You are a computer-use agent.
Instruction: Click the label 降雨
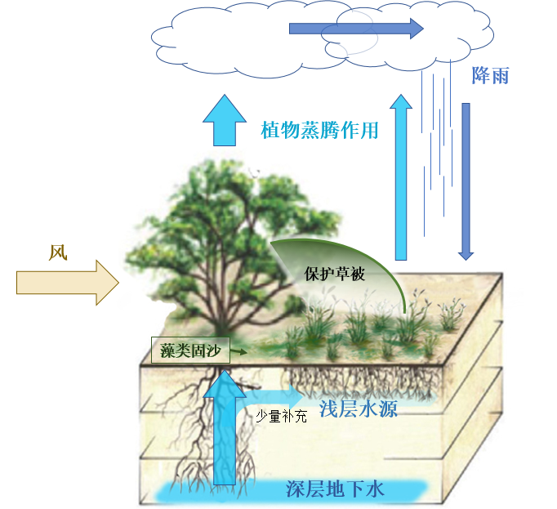(490, 76)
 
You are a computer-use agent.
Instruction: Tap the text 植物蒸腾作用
(320, 130)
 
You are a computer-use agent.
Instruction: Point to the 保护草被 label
(334, 273)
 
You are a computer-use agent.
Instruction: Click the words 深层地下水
(335, 489)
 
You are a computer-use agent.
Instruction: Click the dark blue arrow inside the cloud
(356, 29)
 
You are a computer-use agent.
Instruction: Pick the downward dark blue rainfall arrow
(466, 181)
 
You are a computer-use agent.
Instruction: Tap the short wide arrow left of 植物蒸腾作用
(224, 121)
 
